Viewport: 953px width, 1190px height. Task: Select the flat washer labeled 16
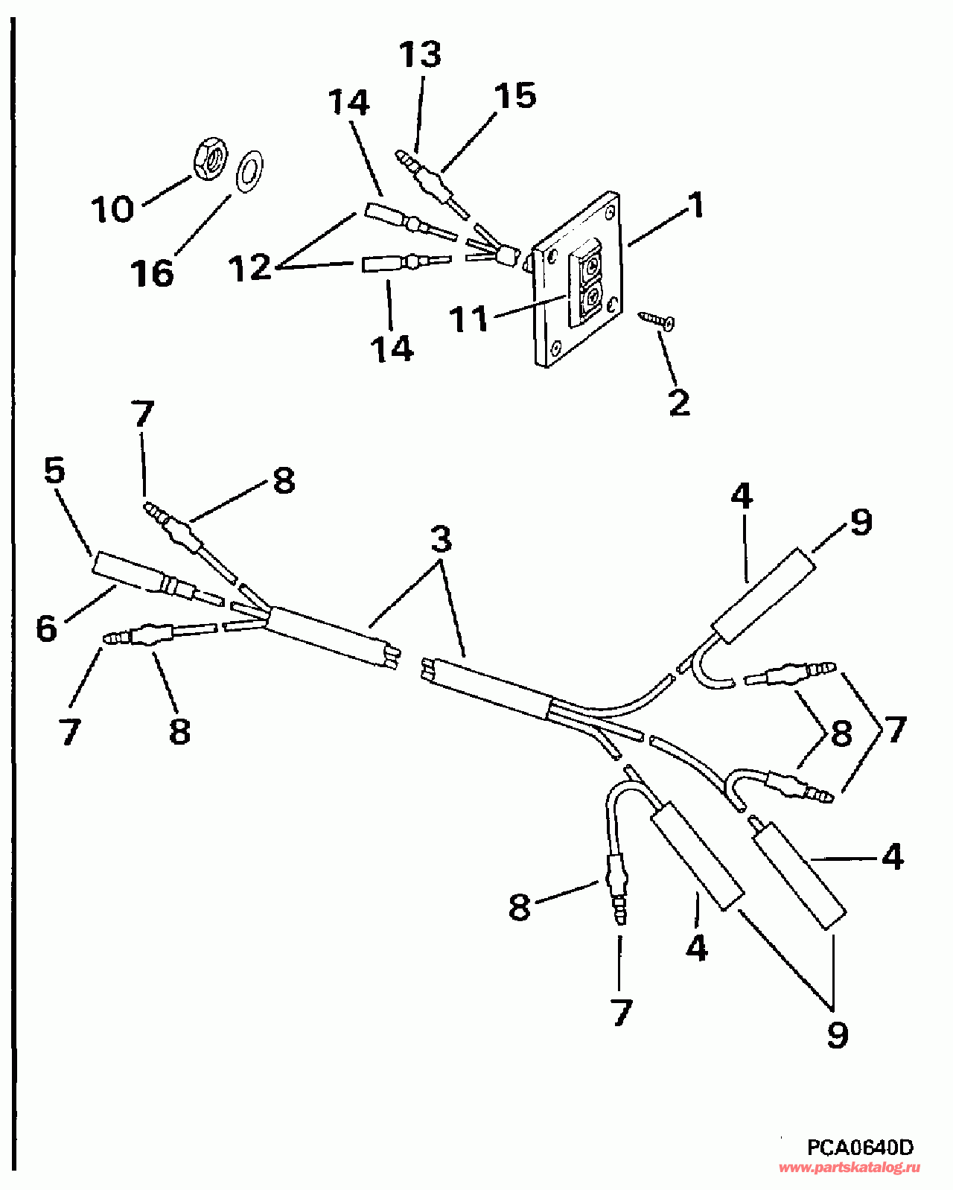coord(249,171)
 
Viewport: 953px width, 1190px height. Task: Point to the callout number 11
coord(468,319)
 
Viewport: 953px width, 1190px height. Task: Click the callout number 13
coord(420,54)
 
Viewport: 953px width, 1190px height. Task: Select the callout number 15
coord(515,95)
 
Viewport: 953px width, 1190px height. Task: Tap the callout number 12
coord(249,267)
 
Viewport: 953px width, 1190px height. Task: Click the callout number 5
coord(54,471)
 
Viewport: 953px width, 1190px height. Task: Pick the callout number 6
coord(46,628)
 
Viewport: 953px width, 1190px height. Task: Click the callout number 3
coord(442,538)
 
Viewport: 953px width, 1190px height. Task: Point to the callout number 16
coord(153,273)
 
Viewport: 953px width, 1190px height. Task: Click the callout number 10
coord(112,209)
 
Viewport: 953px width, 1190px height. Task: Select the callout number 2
coord(679,403)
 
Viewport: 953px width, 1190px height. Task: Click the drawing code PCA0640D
coord(860,1148)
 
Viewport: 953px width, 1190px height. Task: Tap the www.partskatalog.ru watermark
coord(849,1168)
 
